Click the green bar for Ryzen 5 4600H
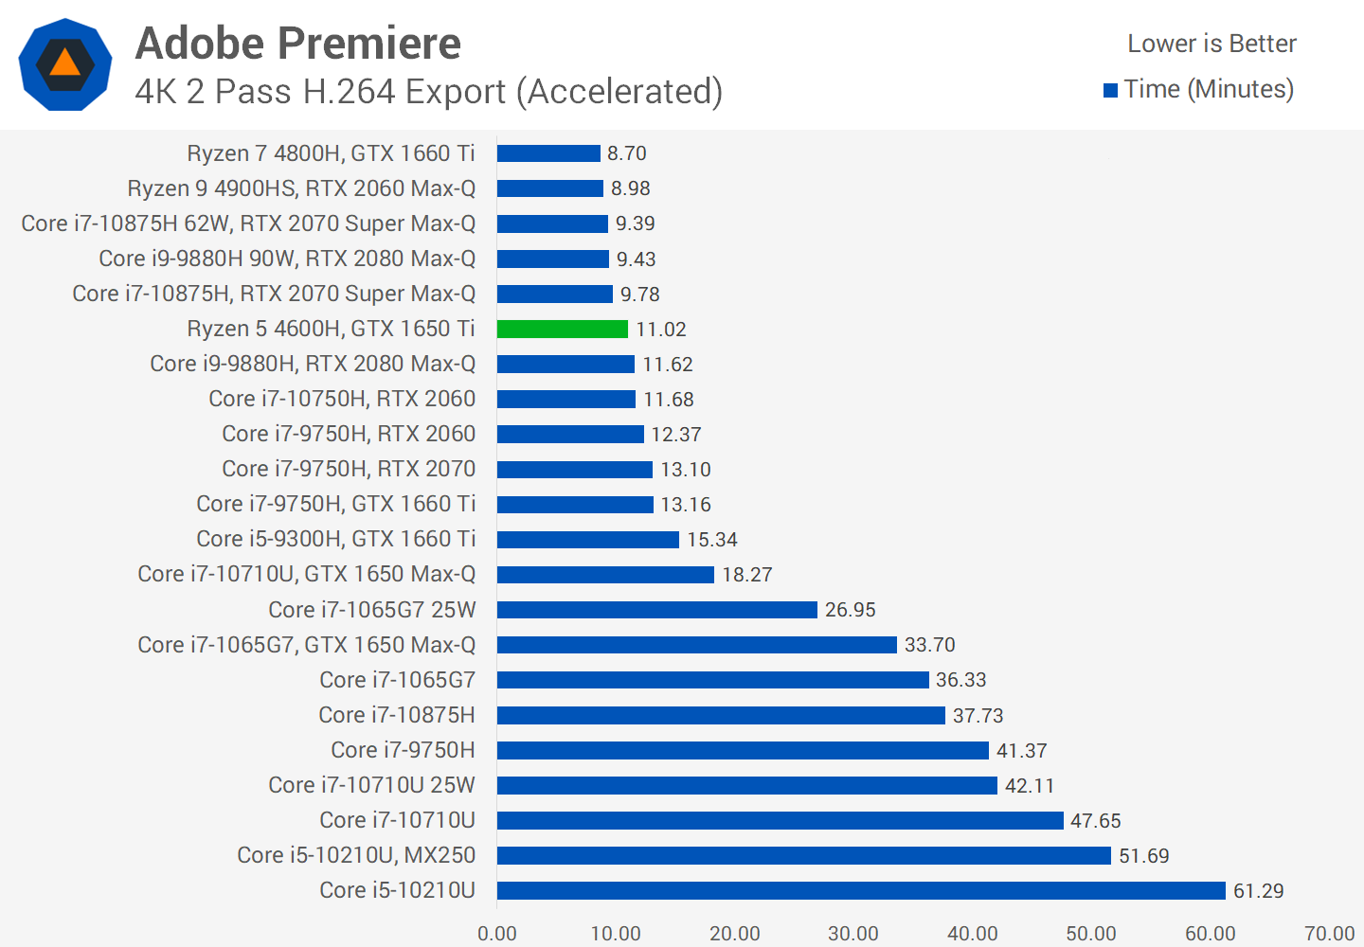pos(562,329)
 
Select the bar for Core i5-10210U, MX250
pos(803,855)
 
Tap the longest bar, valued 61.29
pos(860,890)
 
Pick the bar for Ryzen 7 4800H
pos(548,153)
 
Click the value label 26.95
pos(850,610)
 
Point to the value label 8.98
pos(630,188)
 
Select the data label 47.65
pos(1095,821)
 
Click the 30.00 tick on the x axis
pos(853,933)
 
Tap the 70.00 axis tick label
pos(1329,933)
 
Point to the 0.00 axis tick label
pos(497,933)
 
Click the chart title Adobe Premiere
pos(298,44)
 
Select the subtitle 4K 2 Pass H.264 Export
pos(428,92)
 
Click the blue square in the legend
pos(1110,91)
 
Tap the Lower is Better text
pos(1211,44)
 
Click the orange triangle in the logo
pos(64,63)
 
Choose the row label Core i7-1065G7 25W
pos(371,610)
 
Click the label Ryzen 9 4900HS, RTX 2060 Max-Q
pos(301,188)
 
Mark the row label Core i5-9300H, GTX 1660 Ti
pos(335,539)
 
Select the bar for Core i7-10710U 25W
pos(746,785)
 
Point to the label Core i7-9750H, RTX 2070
pos(349,469)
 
